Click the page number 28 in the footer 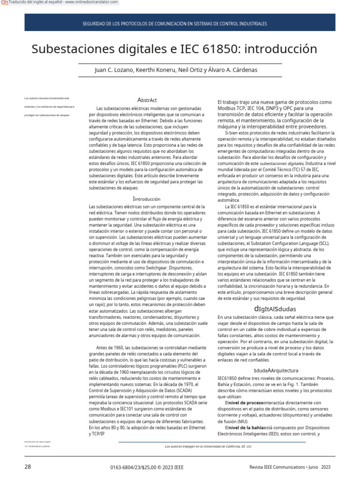(x=28, y=467)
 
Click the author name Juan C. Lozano (x=114, y=70)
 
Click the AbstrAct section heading (x=147, y=100)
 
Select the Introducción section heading (x=147, y=199)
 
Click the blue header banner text (x=174, y=23)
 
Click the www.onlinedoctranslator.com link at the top (x=91, y=3)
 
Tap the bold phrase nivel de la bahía (x=246, y=428)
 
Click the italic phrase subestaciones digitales (x=282, y=163)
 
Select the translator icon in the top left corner (x=4, y=3)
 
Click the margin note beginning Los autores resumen (x=47, y=98)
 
